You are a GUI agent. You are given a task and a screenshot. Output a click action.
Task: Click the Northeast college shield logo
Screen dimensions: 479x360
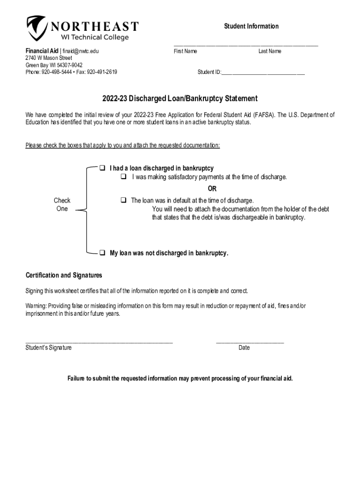coord(36,28)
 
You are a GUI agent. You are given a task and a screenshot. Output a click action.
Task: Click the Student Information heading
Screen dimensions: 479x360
coord(251,26)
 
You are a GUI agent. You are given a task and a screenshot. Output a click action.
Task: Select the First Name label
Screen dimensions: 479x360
coord(185,51)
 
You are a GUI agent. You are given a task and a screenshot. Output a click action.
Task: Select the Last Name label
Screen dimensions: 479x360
coord(270,51)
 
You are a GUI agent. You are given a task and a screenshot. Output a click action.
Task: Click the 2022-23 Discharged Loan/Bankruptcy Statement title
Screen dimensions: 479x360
coord(180,99)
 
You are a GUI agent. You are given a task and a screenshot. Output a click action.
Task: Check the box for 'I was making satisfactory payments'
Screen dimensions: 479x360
coord(124,177)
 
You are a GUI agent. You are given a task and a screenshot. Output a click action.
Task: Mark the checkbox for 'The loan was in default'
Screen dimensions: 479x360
coord(123,200)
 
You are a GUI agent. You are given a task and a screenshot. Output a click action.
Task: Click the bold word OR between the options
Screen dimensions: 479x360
coord(212,189)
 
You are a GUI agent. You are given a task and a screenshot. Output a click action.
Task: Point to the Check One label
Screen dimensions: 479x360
coord(62,204)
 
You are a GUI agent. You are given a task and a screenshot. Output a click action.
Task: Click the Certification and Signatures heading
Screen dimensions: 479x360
coord(64,275)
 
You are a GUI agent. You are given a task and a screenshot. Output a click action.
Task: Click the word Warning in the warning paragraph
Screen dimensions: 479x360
coord(36,306)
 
